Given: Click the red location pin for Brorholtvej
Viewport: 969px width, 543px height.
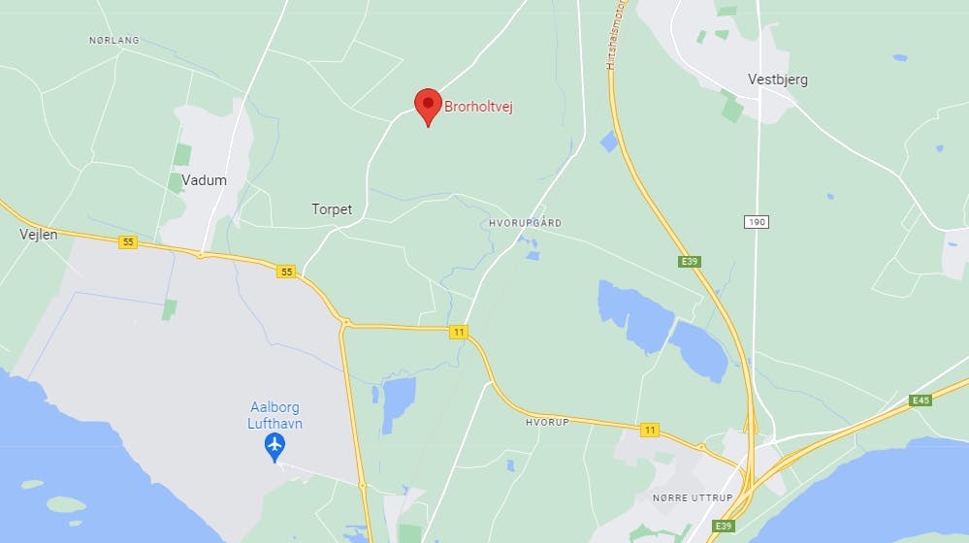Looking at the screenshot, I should pos(428,104).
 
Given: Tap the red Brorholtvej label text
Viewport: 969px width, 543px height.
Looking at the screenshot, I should pos(478,107).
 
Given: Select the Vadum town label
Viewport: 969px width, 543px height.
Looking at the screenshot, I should pos(204,180).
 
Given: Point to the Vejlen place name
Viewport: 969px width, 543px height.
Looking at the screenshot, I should pos(40,235).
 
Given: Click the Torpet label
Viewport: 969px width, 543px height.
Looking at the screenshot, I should pos(332,209).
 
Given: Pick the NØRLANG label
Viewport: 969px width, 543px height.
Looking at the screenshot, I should pos(113,40).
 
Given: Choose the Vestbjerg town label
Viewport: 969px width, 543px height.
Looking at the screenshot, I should pos(778,80).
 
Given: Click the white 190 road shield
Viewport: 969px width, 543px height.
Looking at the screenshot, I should pos(757,222).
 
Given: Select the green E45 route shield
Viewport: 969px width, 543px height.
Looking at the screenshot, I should pos(921,399).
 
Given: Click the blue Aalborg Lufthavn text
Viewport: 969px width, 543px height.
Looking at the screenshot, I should pos(275,416).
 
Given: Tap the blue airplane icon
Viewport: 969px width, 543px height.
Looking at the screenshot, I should pos(275,446).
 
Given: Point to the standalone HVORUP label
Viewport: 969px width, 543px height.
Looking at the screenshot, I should pos(545,423).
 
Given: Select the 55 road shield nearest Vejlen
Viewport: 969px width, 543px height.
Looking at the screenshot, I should pos(127,241).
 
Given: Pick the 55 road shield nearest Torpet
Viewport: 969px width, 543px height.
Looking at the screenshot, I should pos(285,271).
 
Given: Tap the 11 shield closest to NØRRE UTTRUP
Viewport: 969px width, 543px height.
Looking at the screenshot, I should pos(649,429).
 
